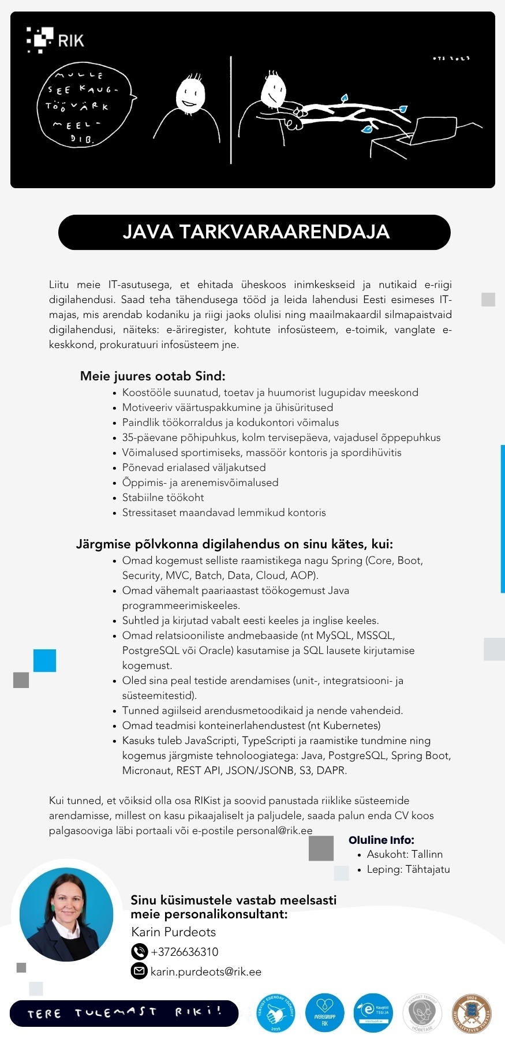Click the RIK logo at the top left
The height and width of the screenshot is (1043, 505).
tap(55, 39)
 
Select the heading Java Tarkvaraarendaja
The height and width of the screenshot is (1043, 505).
tap(255, 232)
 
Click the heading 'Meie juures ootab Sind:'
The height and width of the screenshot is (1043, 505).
tap(152, 376)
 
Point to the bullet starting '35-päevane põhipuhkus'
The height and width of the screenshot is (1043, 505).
tap(281, 438)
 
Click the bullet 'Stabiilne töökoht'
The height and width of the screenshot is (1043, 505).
tap(163, 498)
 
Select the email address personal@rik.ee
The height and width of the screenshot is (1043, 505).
tap(274, 831)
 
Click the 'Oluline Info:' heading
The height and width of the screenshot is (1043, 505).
tap(381, 840)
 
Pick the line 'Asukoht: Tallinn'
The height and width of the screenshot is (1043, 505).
tap(404, 854)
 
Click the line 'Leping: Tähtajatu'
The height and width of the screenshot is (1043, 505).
tap(408, 869)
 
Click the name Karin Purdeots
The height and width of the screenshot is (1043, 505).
tap(173, 932)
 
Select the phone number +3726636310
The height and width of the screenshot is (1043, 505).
tap(184, 952)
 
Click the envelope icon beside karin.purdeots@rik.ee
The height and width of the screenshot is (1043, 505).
tap(139, 971)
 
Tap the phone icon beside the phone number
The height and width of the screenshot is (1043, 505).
tap(139, 952)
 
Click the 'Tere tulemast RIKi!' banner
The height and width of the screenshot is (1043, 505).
tap(124, 1013)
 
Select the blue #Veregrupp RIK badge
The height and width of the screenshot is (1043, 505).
tap(324, 1013)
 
